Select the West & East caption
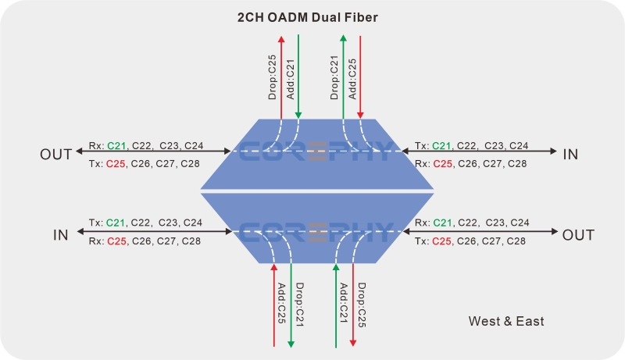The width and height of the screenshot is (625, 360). click(x=506, y=321)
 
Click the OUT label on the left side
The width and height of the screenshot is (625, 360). click(x=56, y=154)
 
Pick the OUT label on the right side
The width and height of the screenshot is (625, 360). click(x=578, y=235)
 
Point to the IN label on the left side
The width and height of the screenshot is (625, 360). click(x=61, y=235)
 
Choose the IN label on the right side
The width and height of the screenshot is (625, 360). click(x=571, y=154)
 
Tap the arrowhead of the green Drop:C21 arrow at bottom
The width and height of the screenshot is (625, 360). click(x=291, y=343)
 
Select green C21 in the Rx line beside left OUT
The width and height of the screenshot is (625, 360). click(x=116, y=145)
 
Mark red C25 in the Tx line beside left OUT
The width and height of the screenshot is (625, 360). click(x=116, y=163)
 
